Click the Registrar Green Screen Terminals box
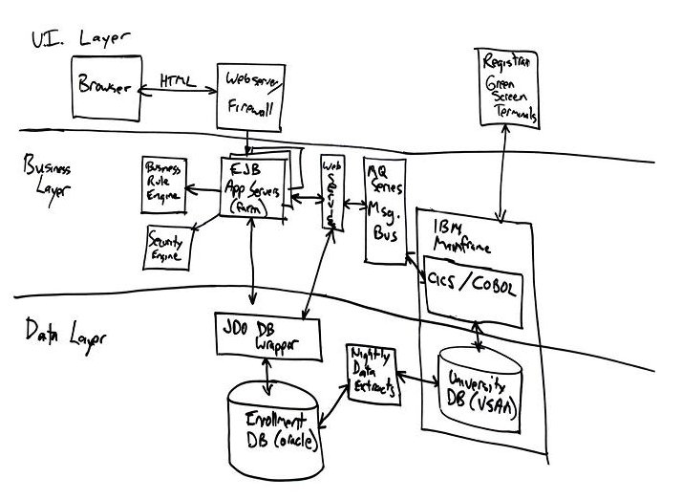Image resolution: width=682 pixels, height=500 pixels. [x=508, y=88]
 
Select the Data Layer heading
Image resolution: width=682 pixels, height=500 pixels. [x=65, y=335]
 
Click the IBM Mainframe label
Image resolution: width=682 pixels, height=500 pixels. [x=461, y=237]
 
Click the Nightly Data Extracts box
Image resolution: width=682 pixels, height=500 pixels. [x=372, y=372]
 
